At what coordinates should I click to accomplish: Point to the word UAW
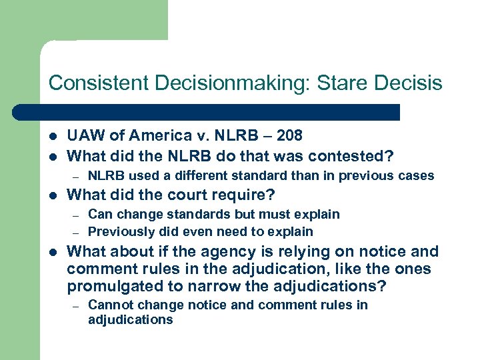coord(84,135)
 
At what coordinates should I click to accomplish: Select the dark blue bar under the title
coord(219,111)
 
